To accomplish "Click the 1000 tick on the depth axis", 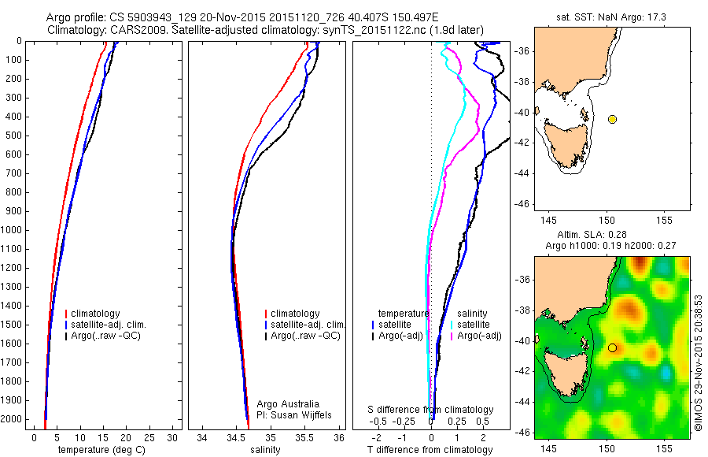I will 13,230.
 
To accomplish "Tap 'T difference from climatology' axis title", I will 430,450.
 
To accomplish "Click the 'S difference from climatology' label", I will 431,410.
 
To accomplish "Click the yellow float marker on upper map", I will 612,119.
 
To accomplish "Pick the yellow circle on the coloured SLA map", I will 612,347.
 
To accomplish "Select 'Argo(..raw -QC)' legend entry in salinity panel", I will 305,336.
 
